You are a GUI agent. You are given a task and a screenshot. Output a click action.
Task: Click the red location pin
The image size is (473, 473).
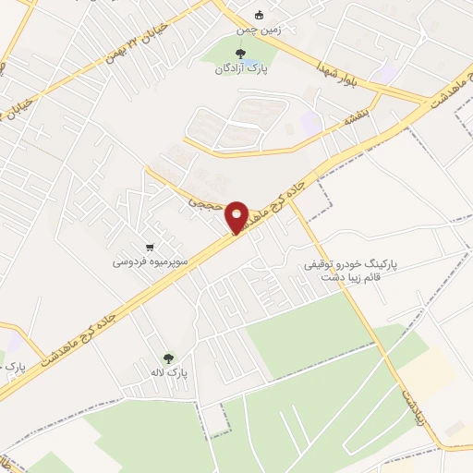pyautogui.click(x=237, y=216)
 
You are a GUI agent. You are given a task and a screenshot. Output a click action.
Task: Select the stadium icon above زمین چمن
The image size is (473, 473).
pyautogui.click(x=260, y=15)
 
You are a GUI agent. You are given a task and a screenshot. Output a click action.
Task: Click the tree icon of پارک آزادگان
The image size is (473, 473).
pyautogui.click(x=242, y=54)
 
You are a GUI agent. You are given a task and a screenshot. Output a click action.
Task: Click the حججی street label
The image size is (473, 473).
pyautogui.click(x=202, y=198)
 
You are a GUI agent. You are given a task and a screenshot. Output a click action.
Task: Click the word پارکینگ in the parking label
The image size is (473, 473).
pyautogui.click(x=378, y=264)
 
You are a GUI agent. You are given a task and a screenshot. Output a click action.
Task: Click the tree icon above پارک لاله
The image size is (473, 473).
pyautogui.click(x=168, y=358)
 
